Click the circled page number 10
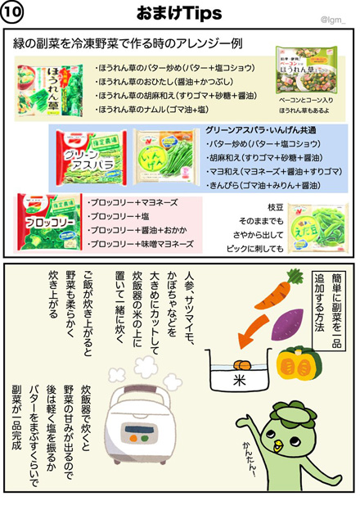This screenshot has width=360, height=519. point(16,13)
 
